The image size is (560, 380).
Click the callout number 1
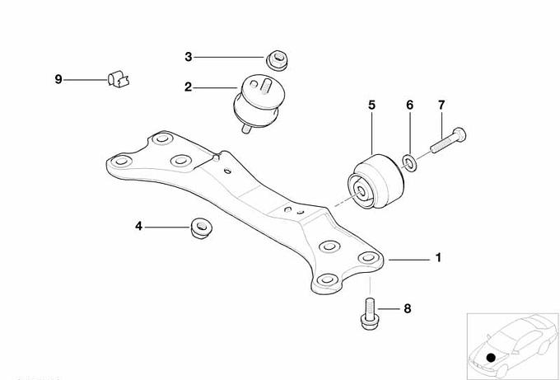click(x=438, y=258)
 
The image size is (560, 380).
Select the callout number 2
click(x=188, y=87)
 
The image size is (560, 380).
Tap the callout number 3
click(x=189, y=57)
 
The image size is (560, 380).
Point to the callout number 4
click(x=138, y=227)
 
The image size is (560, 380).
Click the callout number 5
click(x=371, y=106)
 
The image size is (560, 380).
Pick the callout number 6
click(x=409, y=106)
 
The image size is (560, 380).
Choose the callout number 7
click(x=441, y=106)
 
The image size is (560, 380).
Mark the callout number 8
click(x=408, y=308)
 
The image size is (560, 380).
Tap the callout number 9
click(x=58, y=79)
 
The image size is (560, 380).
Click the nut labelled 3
click(x=278, y=60)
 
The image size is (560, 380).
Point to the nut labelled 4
click(x=202, y=228)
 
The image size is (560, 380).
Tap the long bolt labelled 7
click(x=448, y=140)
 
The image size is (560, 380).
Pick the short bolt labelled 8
click(x=369, y=314)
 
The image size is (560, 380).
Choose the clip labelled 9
click(x=119, y=79)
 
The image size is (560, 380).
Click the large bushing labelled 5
click(x=376, y=182)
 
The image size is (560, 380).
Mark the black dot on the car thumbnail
click(x=492, y=357)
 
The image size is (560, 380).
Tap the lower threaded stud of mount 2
click(x=246, y=129)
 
